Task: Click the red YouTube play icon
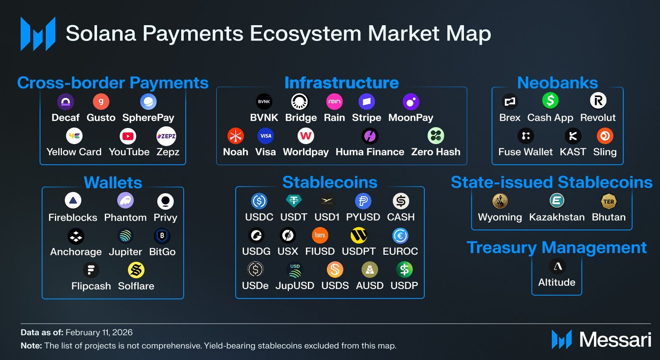pos(128,136)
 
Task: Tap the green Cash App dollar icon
pos(550,100)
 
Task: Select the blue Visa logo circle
pos(265,136)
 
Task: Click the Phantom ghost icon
pos(125,201)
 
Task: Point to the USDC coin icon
pos(259,201)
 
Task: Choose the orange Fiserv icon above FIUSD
pos(320,235)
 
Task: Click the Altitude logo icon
pos(558,266)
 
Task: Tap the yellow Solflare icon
pos(136,270)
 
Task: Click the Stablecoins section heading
pos(330,182)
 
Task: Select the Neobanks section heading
pos(558,83)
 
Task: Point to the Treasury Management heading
pos(557,247)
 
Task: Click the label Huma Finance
pos(370,152)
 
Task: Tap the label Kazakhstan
pos(557,217)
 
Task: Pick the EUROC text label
pos(400,251)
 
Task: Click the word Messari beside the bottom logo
pos(615,340)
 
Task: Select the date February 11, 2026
pos(99,332)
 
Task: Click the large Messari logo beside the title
pos(38,34)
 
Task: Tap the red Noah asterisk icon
pos(235,136)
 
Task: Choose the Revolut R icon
pos(598,100)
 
